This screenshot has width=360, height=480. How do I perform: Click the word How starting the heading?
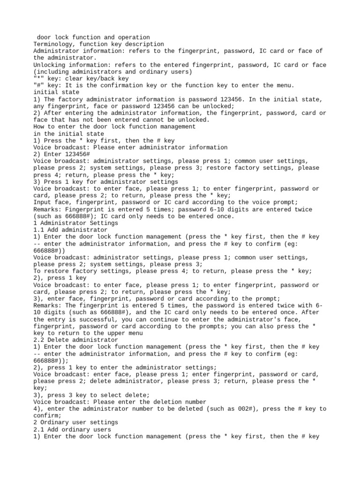click(x=39, y=127)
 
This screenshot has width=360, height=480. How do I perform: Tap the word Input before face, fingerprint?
click(x=43, y=202)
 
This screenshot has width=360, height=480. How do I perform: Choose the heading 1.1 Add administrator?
click(x=70, y=230)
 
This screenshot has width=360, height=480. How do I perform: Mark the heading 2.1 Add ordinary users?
click(x=72, y=429)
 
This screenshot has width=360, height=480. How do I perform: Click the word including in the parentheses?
click(x=54, y=71)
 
